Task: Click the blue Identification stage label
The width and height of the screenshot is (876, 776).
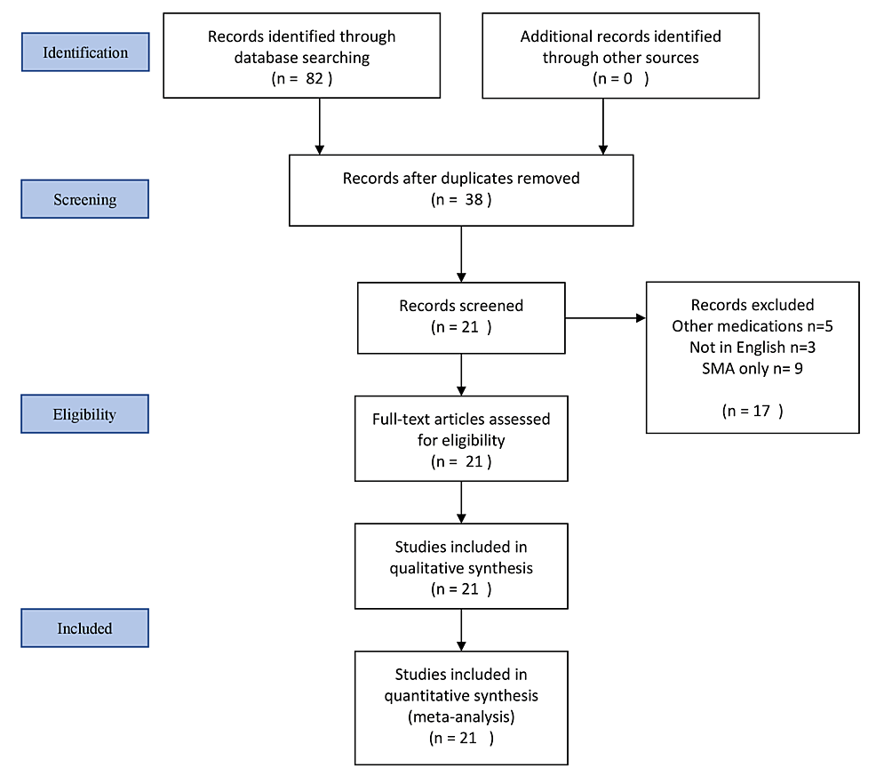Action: click(x=85, y=52)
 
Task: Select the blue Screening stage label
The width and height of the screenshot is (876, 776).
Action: click(x=85, y=199)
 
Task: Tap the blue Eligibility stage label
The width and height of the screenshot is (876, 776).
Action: click(x=85, y=414)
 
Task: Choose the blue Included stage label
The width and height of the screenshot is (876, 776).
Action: click(x=85, y=628)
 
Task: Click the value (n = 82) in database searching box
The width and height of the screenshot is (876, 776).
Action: click(x=301, y=78)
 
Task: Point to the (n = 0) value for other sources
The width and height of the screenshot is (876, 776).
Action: click(x=620, y=78)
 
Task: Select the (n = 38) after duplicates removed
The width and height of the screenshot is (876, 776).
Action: click(x=460, y=200)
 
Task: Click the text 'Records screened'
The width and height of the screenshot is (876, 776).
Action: click(x=461, y=306)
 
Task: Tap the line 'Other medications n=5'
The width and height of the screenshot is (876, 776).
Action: click(x=752, y=325)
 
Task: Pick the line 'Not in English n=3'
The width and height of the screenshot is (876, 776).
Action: click(x=752, y=346)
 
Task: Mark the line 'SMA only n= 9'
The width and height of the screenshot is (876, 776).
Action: click(x=752, y=366)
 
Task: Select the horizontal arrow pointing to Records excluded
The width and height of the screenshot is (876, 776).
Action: click(x=605, y=317)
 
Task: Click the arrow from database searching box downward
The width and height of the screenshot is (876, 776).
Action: click(x=318, y=125)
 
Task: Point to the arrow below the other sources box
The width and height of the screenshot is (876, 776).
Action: click(x=603, y=125)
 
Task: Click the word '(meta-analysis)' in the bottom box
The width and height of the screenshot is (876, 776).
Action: click(x=461, y=716)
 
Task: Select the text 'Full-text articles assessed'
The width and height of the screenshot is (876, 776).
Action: click(x=461, y=419)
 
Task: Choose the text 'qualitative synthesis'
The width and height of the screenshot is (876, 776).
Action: click(x=461, y=567)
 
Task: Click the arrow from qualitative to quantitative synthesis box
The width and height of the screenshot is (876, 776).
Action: click(x=461, y=629)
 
